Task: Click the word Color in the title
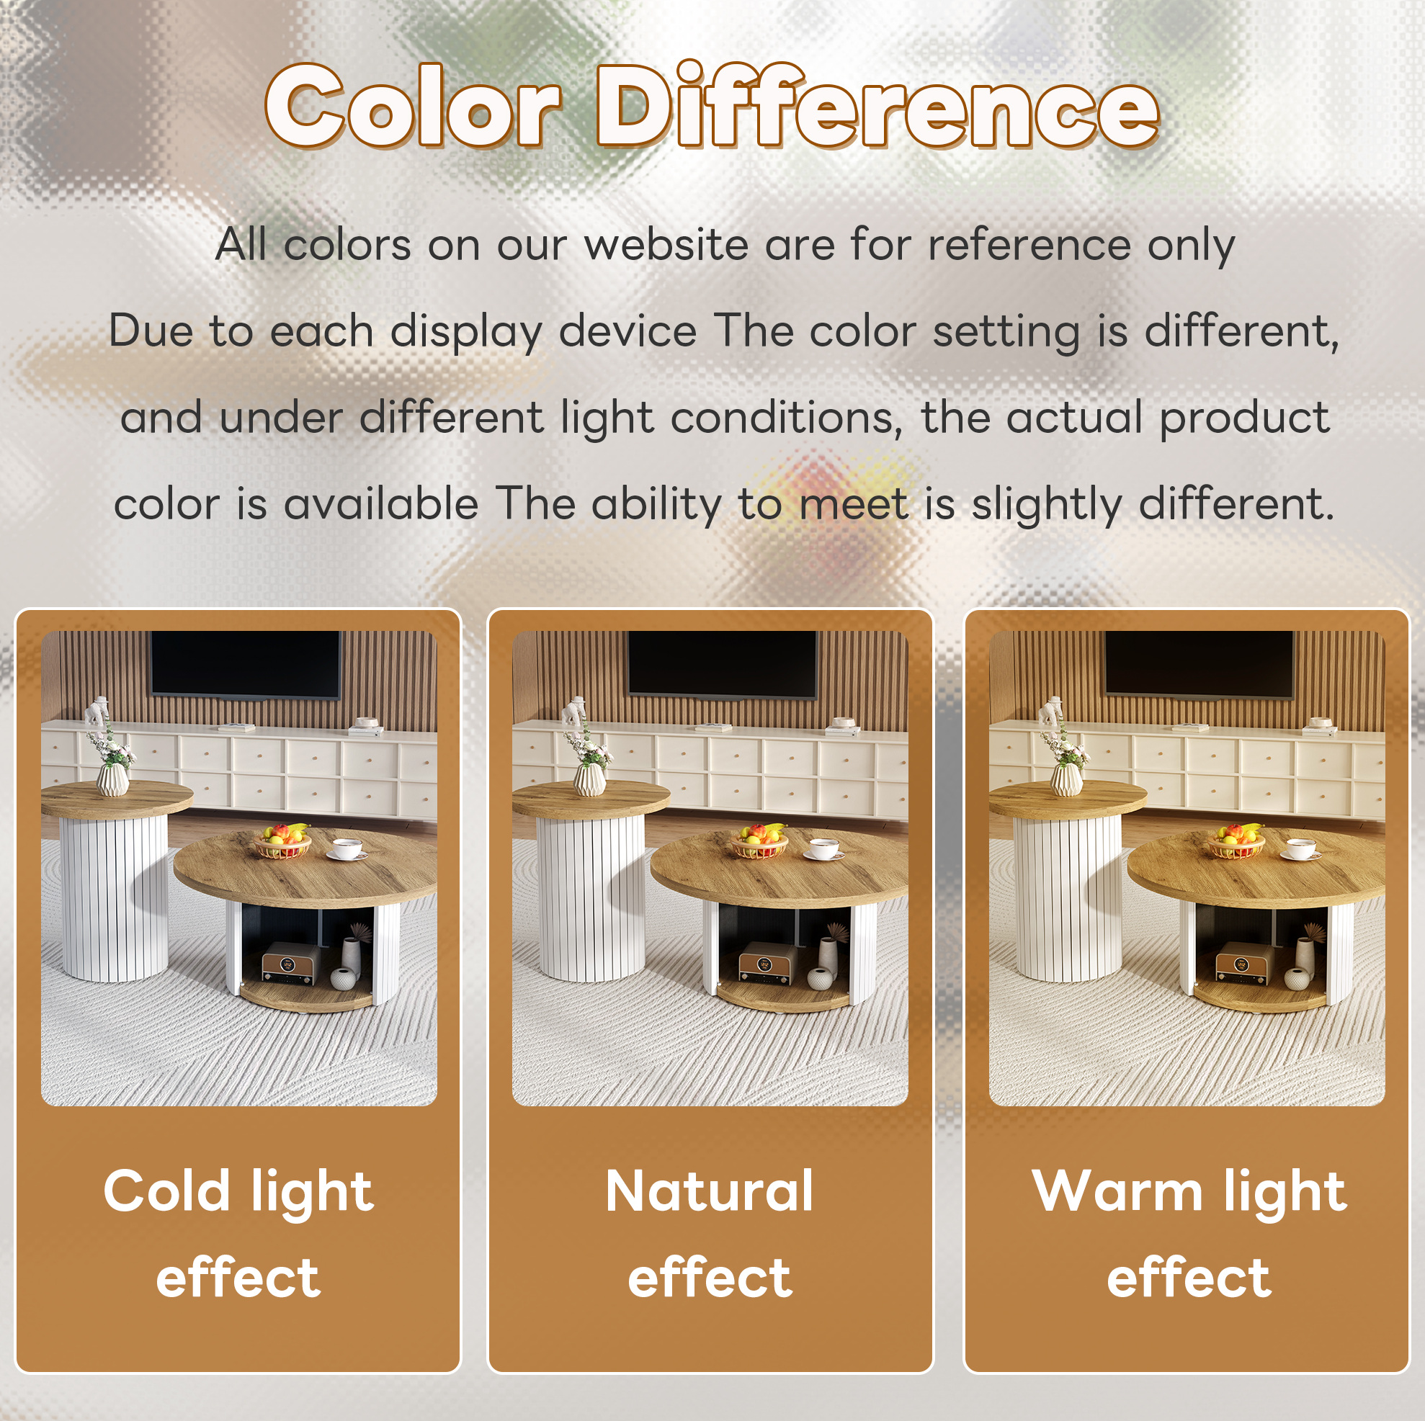[x=413, y=106]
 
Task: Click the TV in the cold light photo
[x=246, y=663]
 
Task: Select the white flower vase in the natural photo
[x=589, y=779]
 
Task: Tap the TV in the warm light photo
[x=1200, y=663]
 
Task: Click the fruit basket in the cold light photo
[x=282, y=841]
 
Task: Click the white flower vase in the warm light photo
[x=1066, y=779]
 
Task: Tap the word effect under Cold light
[x=238, y=1277]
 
